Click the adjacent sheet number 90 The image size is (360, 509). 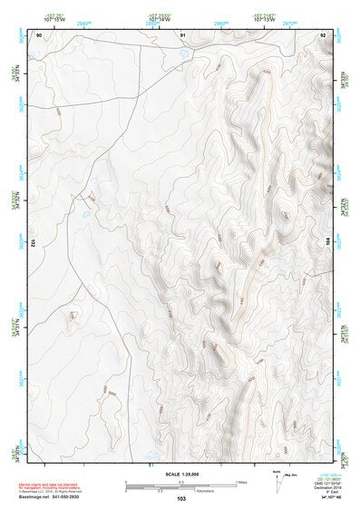click(38, 34)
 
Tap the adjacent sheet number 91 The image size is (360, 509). click(182, 34)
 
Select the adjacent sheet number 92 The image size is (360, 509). click(322, 34)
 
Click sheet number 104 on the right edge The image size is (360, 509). click(328, 243)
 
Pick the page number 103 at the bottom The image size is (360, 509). click(181, 498)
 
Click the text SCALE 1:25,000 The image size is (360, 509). click(181, 475)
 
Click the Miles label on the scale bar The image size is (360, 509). click(240, 482)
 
